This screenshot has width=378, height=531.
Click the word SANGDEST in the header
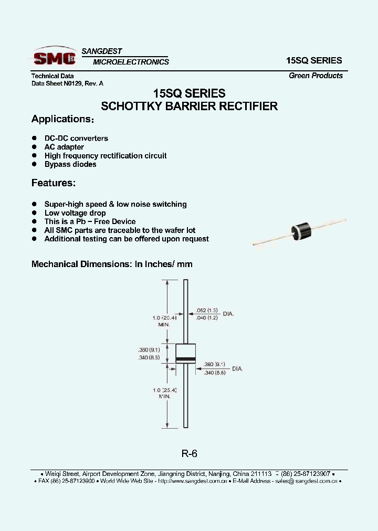[x=102, y=51]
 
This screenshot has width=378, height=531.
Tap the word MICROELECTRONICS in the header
[x=131, y=62]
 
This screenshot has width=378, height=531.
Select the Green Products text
[x=316, y=76]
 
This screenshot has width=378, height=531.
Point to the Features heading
[x=54, y=183]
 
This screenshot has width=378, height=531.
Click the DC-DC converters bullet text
[x=76, y=139]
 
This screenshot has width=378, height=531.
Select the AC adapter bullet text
[x=64, y=147]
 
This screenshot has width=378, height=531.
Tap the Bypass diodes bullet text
[x=70, y=164]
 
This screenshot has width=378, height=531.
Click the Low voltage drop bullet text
[x=75, y=213]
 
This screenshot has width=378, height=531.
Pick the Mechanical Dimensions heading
[x=112, y=264]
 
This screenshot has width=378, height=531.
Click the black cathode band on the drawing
[x=185, y=359]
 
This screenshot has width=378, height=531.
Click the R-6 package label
[x=189, y=454]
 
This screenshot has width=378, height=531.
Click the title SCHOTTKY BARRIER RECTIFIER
[x=189, y=106]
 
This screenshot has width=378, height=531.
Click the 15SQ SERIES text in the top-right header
[x=314, y=60]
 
